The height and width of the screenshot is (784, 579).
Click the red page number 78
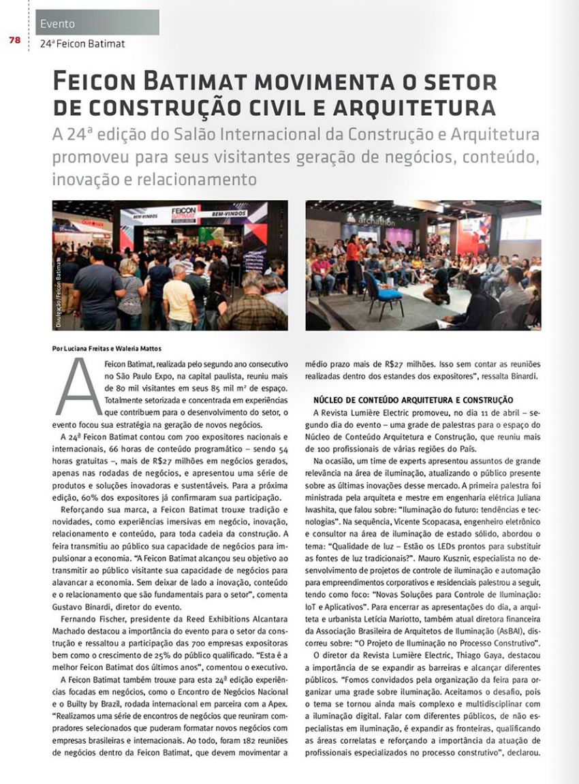(14, 40)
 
